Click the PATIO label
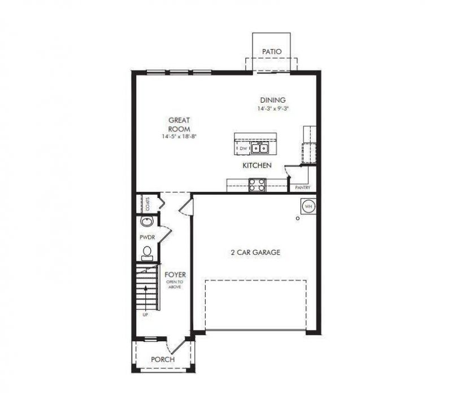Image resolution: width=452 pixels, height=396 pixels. [271, 51]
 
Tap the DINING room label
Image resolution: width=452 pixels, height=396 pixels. [273, 100]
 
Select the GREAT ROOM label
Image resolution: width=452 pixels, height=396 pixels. [179, 124]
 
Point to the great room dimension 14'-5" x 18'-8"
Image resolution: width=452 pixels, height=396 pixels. [179, 137]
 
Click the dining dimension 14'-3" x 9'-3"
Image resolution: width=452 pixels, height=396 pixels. [273, 108]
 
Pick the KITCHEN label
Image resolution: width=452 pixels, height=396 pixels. [257, 166]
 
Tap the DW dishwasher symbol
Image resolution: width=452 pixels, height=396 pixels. [244, 149]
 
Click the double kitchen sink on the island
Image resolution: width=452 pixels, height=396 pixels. [259, 149]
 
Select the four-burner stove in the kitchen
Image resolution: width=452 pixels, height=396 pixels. [255, 184]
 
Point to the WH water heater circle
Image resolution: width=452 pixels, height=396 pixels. [308, 206]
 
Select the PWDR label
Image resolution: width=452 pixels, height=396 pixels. [147, 237]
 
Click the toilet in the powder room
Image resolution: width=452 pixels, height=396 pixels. [147, 252]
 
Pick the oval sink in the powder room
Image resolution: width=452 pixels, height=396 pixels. [146, 222]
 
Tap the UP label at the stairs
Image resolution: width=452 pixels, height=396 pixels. [146, 315]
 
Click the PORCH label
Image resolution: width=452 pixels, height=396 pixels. [162, 359]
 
